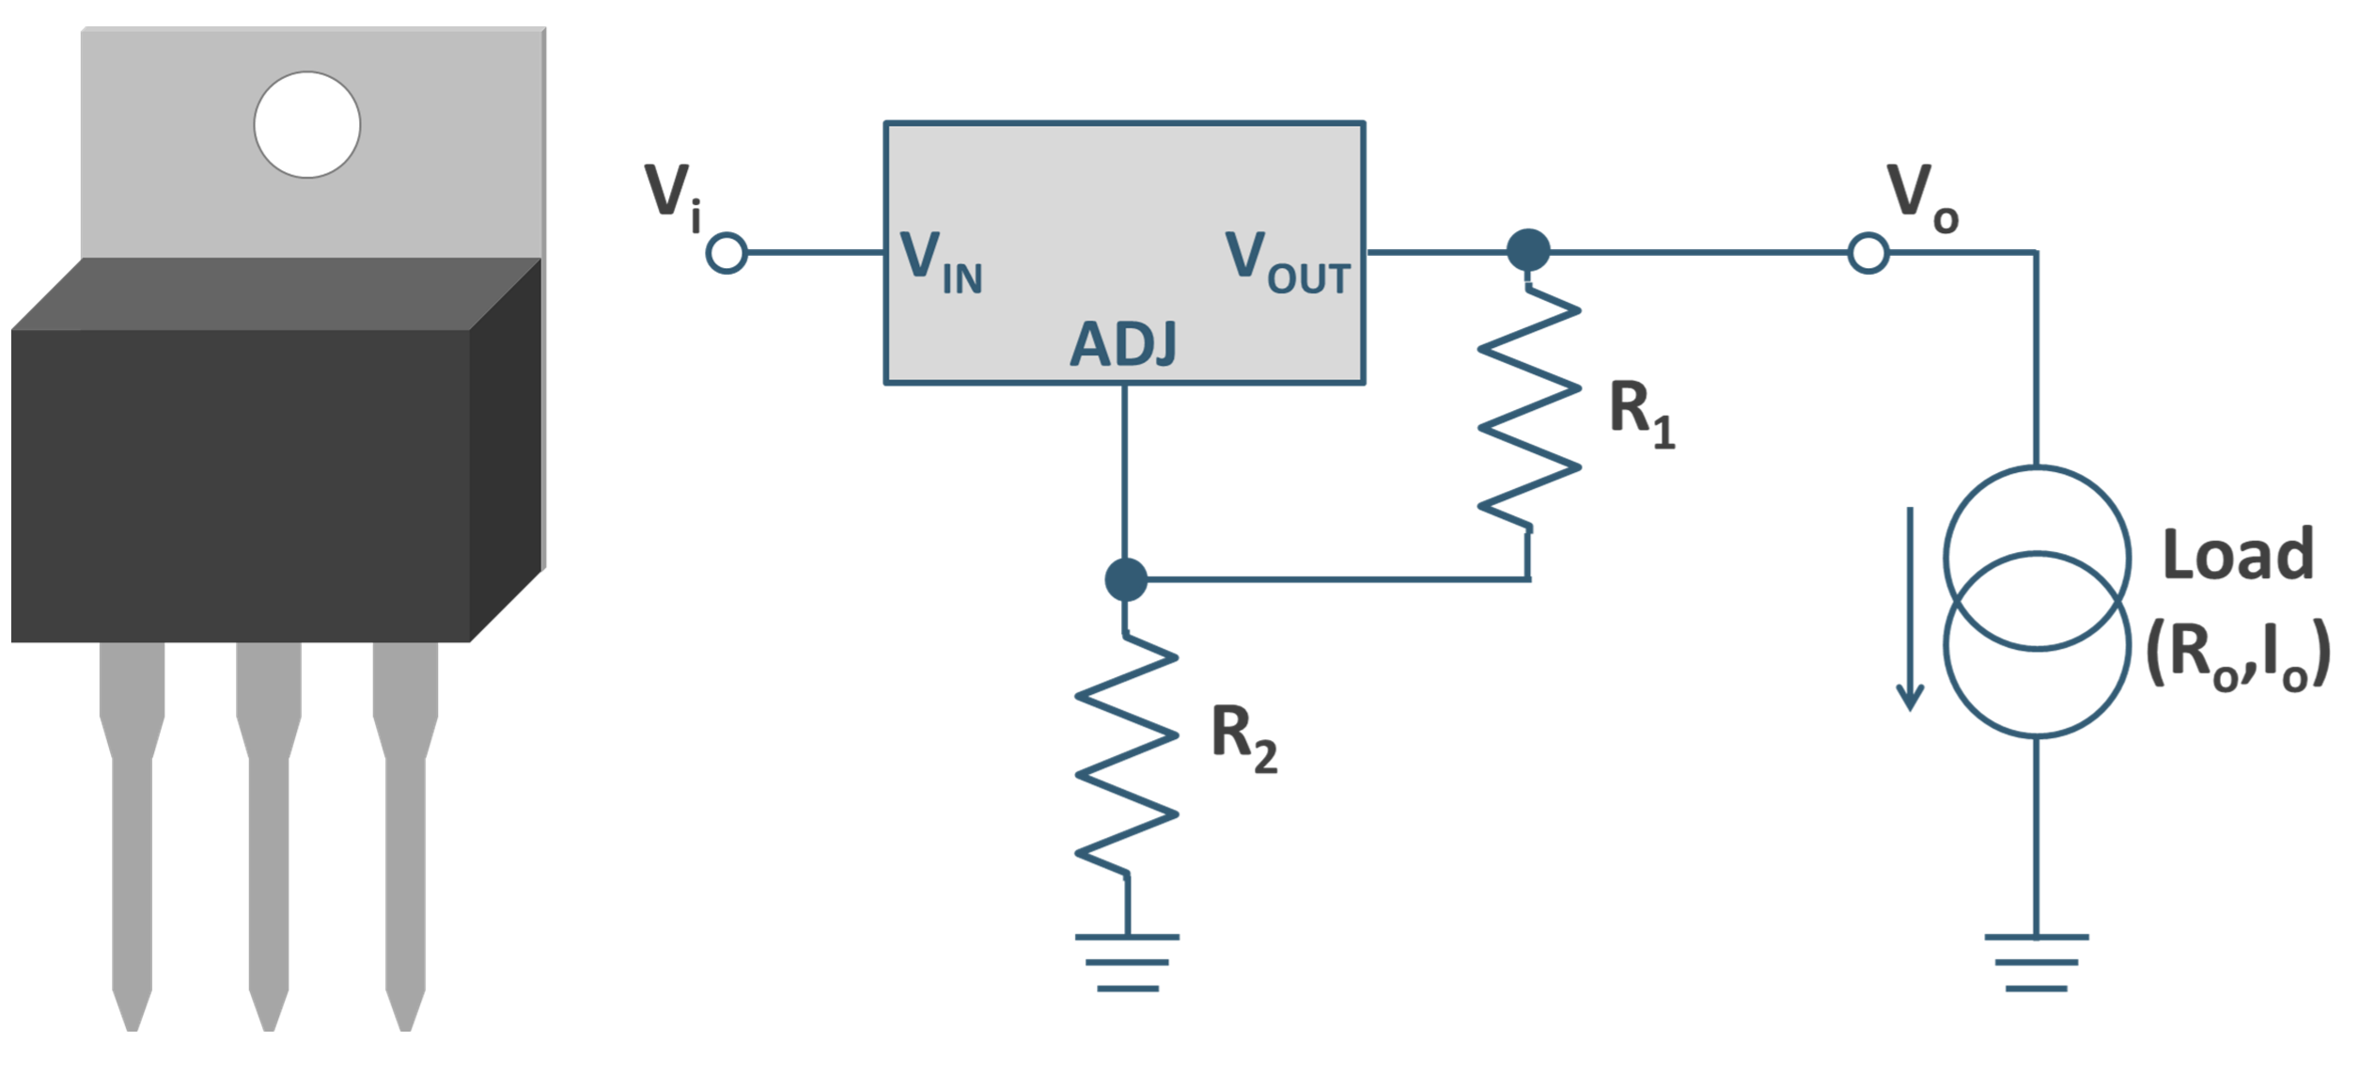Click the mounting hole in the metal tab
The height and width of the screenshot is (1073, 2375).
(x=307, y=124)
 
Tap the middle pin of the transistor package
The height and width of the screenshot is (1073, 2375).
(x=269, y=828)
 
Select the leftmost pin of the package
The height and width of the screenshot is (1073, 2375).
(x=132, y=828)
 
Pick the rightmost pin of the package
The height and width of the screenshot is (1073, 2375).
(x=405, y=828)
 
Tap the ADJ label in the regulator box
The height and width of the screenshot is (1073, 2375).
(x=1123, y=344)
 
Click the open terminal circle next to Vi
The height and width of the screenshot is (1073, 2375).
(x=727, y=253)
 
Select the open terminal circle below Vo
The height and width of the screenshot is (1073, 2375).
(x=1868, y=253)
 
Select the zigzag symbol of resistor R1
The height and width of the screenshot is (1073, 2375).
(x=1529, y=409)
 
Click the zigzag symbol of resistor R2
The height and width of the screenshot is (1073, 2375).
(x=1126, y=757)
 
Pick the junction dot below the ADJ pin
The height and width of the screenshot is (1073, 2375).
(x=1126, y=579)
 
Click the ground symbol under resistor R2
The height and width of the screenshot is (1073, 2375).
(x=1127, y=962)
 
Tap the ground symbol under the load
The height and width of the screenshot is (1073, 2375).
(x=2037, y=962)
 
